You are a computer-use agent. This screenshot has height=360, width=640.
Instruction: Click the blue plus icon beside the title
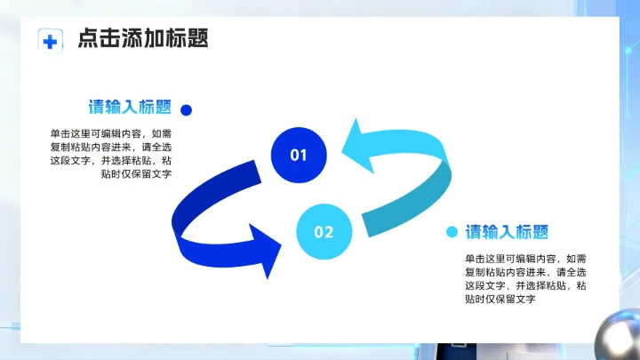point(51,40)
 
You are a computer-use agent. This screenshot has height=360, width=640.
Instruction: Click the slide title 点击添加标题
point(142,39)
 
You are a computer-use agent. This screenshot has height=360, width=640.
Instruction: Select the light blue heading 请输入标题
point(508,232)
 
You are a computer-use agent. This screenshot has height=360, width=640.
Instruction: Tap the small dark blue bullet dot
point(187,110)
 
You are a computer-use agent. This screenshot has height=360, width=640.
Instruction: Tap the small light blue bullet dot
point(452,232)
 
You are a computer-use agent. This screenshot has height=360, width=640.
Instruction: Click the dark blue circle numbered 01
point(299,156)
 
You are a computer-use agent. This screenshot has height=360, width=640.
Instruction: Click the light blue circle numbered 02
point(324,232)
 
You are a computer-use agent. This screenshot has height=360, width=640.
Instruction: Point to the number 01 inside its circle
point(299,156)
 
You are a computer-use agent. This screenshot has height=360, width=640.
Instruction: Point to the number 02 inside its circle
point(324,232)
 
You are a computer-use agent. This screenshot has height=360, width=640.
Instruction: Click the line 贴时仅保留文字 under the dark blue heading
point(136,174)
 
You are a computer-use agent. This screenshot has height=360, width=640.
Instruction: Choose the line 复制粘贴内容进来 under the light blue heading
point(513,272)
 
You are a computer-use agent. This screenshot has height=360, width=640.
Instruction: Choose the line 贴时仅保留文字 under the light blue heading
point(500,300)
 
